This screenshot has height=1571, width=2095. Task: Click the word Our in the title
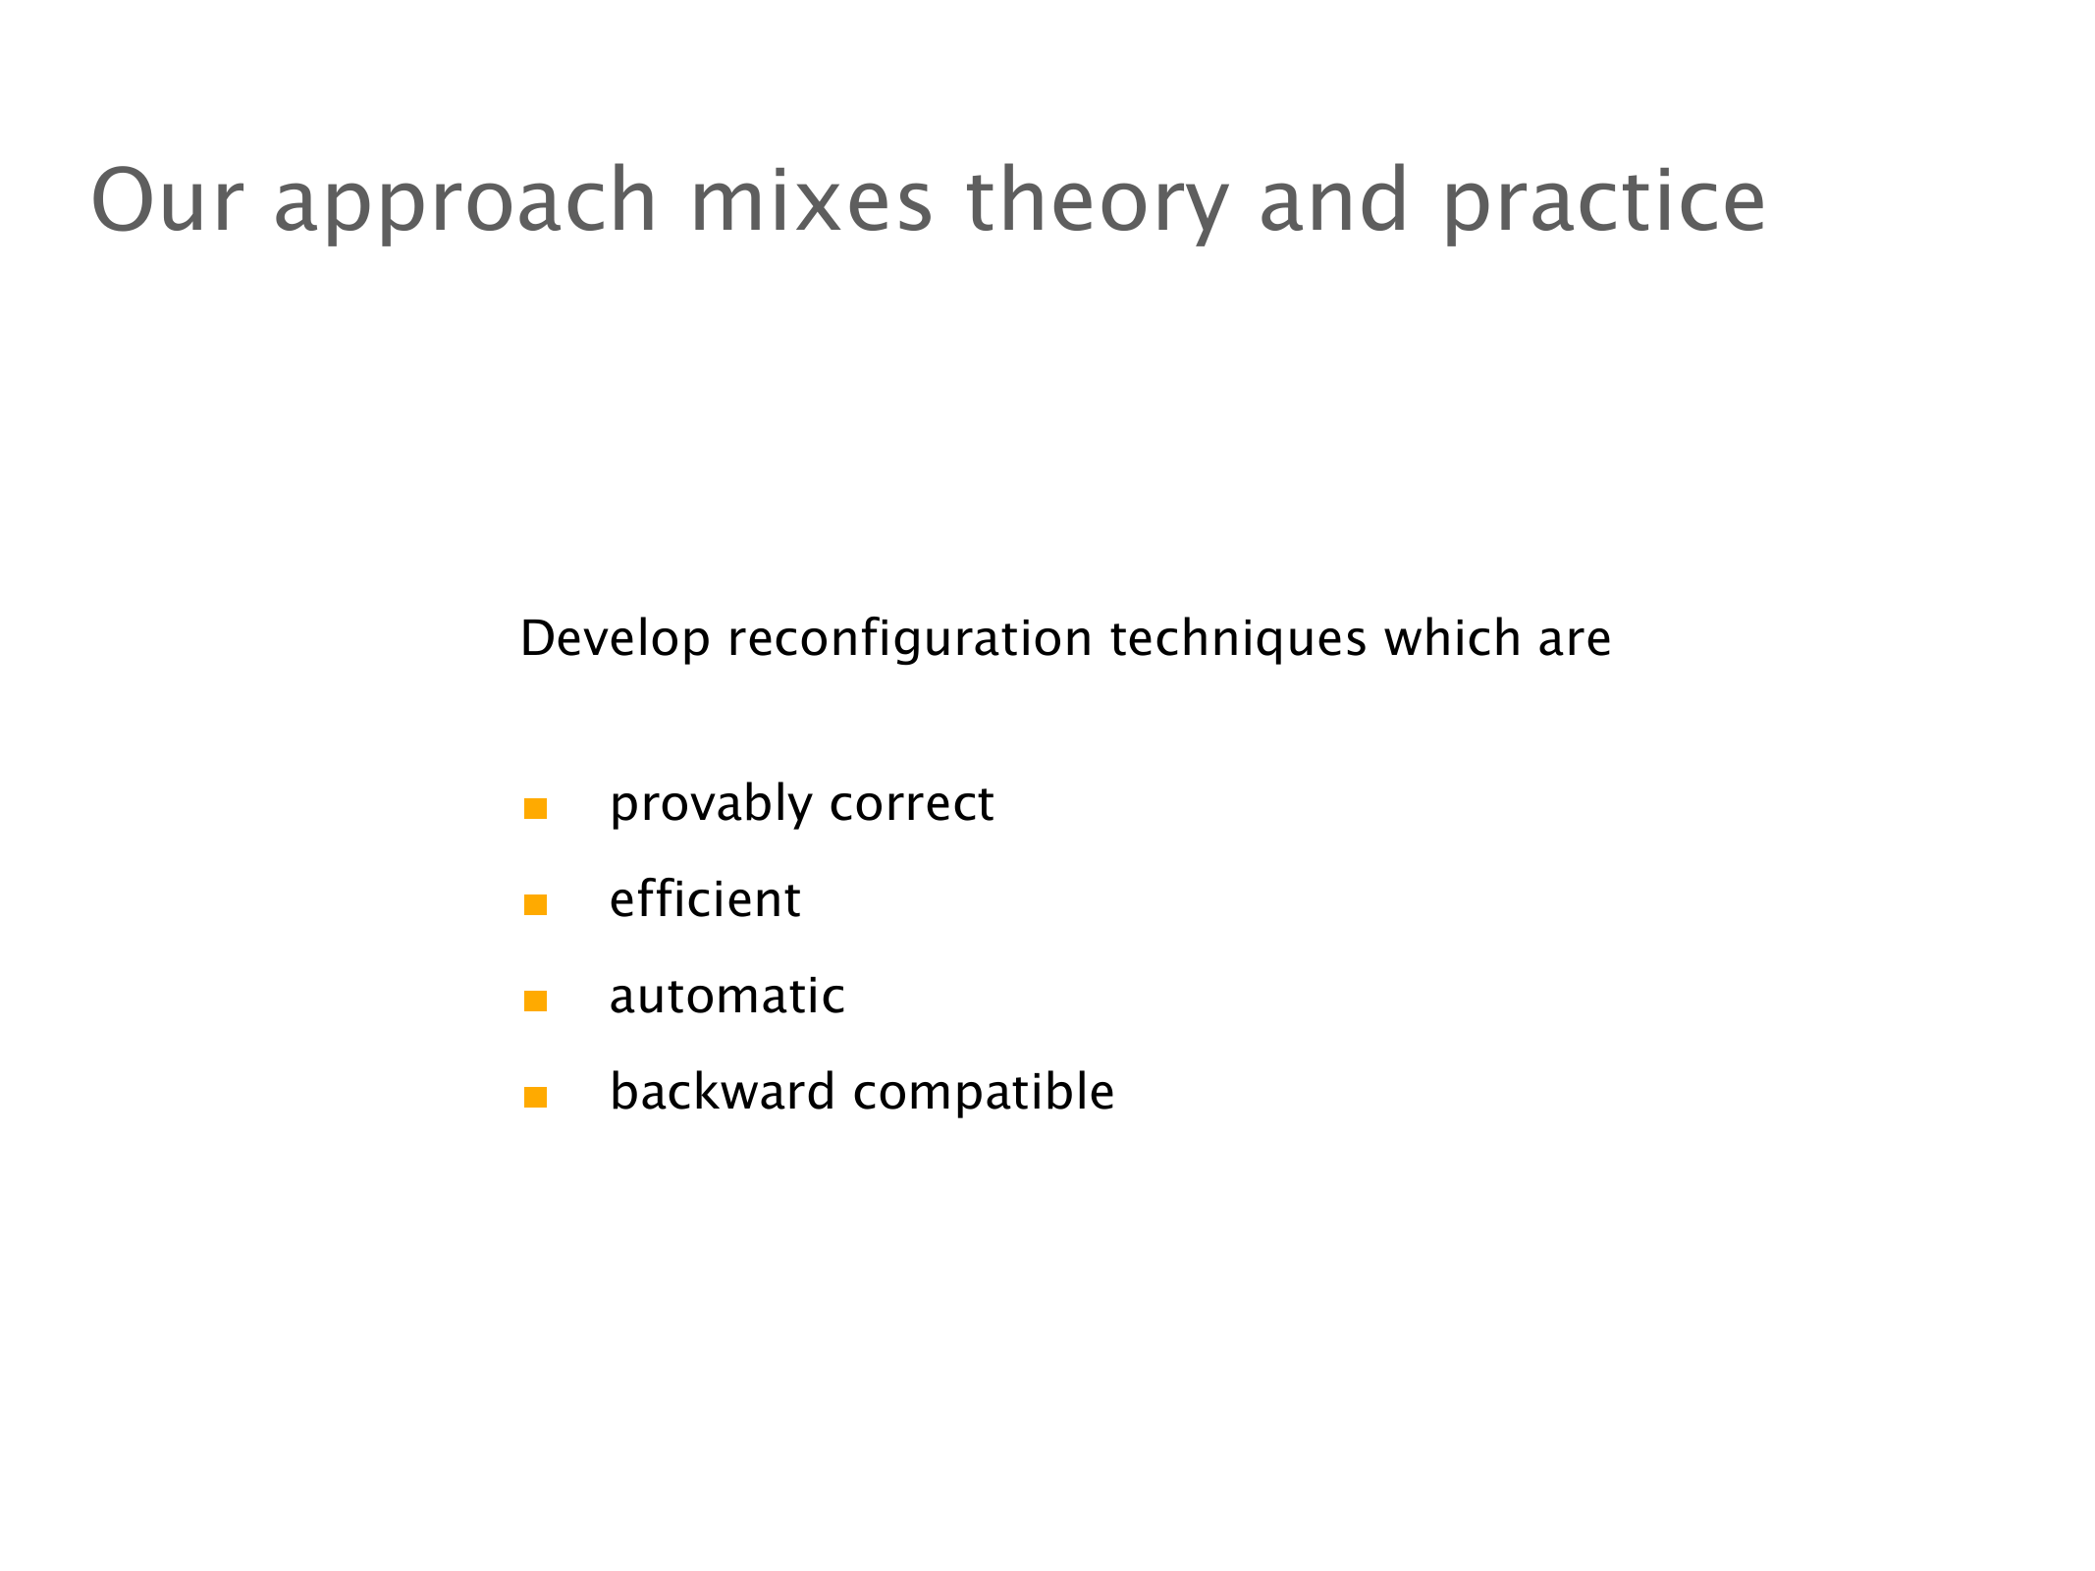(x=167, y=200)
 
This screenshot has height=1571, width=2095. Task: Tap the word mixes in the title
(x=812, y=200)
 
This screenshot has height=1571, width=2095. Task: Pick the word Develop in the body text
(x=615, y=639)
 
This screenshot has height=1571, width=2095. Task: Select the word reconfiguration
(x=910, y=639)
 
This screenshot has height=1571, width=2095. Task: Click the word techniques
(x=1238, y=639)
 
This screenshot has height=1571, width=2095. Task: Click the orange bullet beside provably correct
(x=535, y=808)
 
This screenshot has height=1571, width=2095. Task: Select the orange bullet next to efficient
(x=535, y=904)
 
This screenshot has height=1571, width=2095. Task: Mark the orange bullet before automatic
(x=535, y=1001)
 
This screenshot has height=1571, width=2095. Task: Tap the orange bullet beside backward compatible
(x=535, y=1097)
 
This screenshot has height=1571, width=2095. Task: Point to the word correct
(x=912, y=805)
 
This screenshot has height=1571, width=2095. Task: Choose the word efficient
(x=705, y=898)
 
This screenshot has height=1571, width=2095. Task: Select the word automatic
(x=726, y=996)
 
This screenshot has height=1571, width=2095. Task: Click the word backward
(x=723, y=1091)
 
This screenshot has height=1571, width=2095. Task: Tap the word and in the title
(x=1334, y=200)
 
